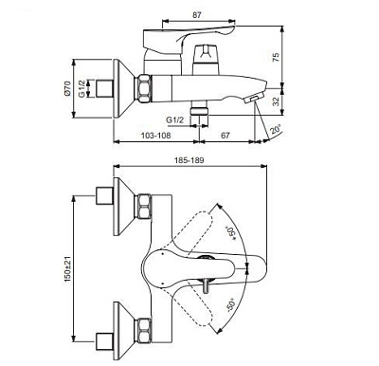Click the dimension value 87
click(196, 15)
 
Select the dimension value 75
click(276, 57)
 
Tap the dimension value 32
click(276, 101)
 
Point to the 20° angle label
click(276, 130)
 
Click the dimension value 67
click(226, 136)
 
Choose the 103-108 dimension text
click(155, 136)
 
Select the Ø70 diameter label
click(67, 88)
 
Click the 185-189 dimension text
click(189, 160)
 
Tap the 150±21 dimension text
click(67, 267)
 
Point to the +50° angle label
click(232, 232)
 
